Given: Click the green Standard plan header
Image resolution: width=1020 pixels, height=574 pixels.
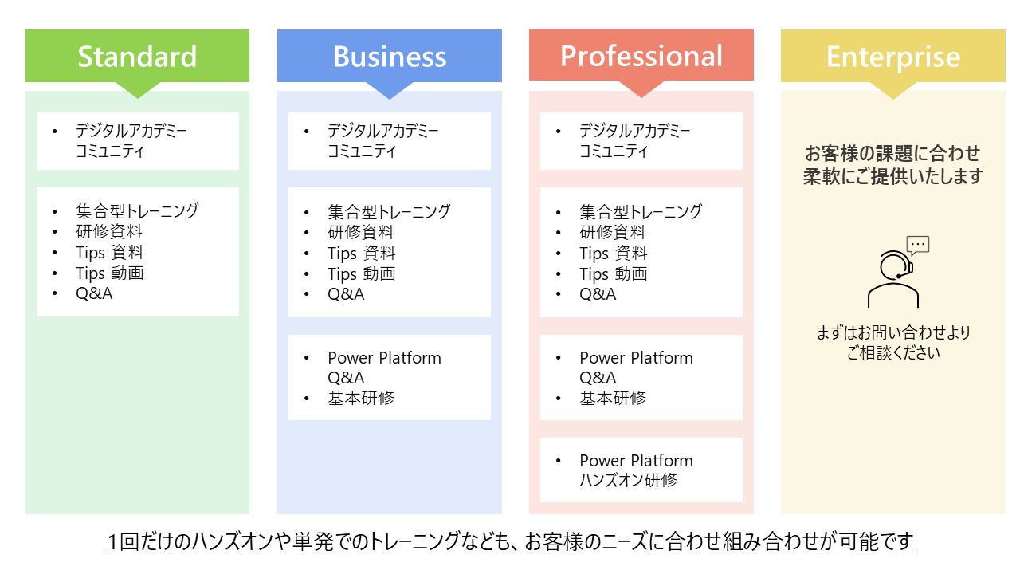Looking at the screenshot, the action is point(137,56).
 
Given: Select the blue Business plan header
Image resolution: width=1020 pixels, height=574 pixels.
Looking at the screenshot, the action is point(389,56).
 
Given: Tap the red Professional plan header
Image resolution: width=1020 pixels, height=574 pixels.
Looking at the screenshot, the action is point(641,56).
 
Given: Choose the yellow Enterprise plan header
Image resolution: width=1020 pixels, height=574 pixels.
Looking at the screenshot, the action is point(892,56).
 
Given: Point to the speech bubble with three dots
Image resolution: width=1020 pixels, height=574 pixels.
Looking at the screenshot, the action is point(918,245).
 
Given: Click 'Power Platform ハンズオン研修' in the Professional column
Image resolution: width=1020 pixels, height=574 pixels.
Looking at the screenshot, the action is point(636,470).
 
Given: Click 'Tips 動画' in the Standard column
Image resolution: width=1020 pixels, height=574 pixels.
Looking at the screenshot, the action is point(110,273).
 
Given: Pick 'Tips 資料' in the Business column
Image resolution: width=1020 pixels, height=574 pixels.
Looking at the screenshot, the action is point(362,254).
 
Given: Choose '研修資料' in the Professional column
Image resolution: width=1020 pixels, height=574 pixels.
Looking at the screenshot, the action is point(613,233).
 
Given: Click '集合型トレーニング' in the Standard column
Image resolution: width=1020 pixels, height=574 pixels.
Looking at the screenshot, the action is point(137,211).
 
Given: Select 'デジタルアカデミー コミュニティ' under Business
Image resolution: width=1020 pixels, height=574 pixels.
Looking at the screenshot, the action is point(382,141).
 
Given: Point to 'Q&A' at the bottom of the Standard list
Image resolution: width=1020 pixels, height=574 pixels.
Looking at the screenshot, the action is point(94,294).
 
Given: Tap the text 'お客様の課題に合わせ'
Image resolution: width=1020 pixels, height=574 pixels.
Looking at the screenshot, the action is point(892,153).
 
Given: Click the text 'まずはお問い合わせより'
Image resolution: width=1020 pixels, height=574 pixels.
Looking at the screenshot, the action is point(892,332).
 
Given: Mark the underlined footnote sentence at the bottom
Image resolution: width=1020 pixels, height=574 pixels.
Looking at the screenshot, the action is point(510,542).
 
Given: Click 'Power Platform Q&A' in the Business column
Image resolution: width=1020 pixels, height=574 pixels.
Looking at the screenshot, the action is point(384,368).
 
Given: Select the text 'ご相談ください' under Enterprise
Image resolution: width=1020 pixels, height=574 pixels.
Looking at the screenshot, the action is point(892,352).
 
